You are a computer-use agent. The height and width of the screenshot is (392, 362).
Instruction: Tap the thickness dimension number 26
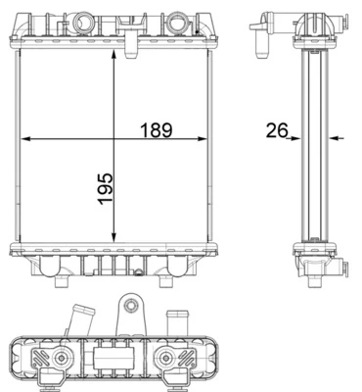click(x=276, y=127)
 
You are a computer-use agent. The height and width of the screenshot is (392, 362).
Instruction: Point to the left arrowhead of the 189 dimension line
click(x=25, y=138)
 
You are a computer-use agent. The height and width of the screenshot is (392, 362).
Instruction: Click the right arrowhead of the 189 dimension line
click(x=206, y=138)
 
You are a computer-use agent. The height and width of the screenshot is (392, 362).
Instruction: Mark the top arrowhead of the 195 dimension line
click(x=116, y=56)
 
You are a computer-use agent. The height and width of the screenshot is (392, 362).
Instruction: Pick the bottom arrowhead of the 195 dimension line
click(x=116, y=238)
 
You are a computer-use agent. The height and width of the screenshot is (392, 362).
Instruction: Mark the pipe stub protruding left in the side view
click(x=257, y=41)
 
